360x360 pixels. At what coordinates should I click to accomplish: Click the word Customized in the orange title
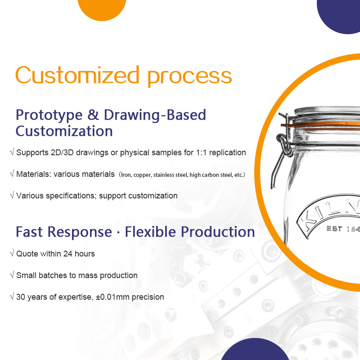pos(77,75)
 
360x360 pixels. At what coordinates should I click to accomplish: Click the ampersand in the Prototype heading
pos(93,115)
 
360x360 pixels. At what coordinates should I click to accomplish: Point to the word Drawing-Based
pos(155,115)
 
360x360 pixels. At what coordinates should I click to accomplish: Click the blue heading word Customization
pos(64,131)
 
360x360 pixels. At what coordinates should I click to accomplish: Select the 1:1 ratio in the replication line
pos(201,153)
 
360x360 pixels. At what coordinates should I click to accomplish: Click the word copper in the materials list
pos(142,175)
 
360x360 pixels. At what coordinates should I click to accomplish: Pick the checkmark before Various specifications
pos(12,195)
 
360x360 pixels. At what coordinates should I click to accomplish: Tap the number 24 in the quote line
pos(68,254)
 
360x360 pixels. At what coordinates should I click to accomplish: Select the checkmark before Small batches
pos(12,274)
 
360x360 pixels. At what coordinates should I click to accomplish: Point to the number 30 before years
pos(21,297)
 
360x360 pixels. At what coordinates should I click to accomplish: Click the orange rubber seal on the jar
pos(320,126)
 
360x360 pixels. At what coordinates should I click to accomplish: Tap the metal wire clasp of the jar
pos(283,149)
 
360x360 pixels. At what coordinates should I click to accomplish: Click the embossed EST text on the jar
pos(334,229)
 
